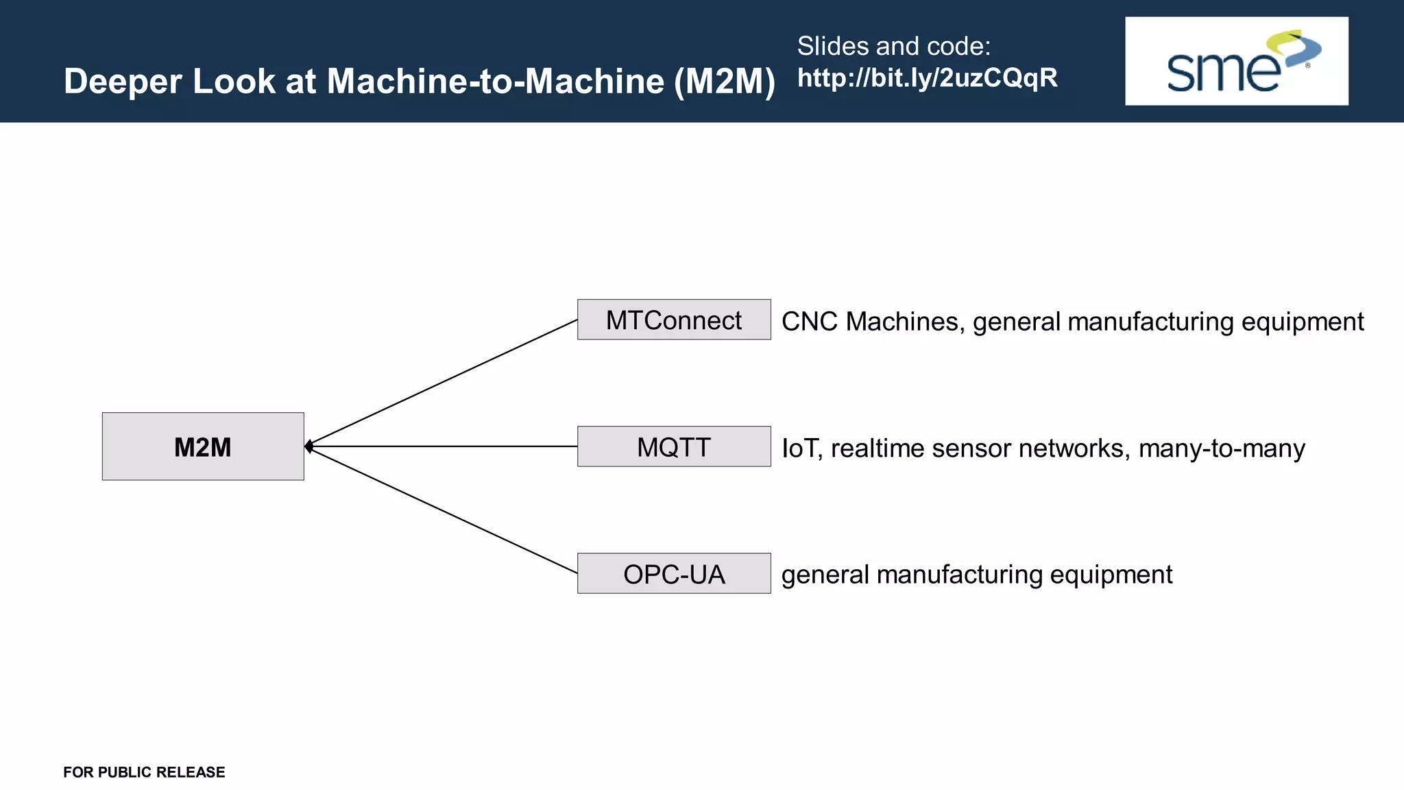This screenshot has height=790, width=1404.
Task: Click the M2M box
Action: point(203,446)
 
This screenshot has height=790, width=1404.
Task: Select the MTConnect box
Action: point(674,320)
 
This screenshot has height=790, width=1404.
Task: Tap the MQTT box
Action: point(674,446)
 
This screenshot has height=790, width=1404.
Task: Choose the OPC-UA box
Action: point(674,573)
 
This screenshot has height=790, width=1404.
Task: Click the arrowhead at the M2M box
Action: point(309,446)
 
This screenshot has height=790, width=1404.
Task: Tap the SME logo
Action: point(1236,61)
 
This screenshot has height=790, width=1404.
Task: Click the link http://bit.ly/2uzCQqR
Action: point(927,78)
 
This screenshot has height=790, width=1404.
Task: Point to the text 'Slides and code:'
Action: point(893,46)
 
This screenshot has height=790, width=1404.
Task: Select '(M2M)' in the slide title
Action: point(725,82)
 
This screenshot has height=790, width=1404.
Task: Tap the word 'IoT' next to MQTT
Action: point(801,448)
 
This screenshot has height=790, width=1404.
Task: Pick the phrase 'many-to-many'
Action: point(1222,448)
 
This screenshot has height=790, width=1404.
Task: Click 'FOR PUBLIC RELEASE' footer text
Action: point(144,772)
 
